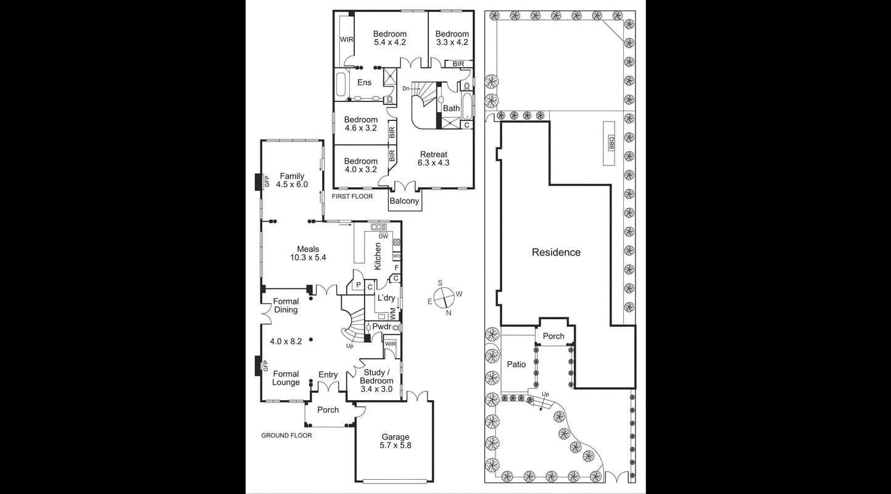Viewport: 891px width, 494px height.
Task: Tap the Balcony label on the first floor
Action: pos(404,201)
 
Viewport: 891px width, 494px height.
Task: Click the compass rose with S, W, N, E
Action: pos(445,298)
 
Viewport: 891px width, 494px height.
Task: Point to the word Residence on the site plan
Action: pos(556,252)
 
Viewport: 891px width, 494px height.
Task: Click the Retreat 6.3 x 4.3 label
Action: pos(433,159)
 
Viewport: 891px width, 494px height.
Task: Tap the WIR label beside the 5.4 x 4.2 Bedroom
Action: pos(347,40)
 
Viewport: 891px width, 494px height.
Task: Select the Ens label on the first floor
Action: pos(364,82)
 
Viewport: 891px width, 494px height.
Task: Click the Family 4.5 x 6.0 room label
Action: pos(292,180)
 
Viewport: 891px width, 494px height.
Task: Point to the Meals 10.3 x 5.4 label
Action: pos(308,253)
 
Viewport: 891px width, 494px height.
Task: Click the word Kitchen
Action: pos(378,256)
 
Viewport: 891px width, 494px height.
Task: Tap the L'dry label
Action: pos(386,298)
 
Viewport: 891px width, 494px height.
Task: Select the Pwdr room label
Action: pos(382,327)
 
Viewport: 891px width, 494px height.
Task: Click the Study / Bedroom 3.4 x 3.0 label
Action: pos(376,377)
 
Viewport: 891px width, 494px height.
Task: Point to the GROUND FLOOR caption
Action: pos(286,435)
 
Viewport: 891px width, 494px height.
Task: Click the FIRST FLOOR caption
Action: pos(353,196)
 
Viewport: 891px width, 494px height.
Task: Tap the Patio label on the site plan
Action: pos(516,364)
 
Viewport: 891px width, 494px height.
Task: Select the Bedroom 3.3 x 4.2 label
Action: pos(452,38)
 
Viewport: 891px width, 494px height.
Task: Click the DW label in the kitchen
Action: pos(383,236)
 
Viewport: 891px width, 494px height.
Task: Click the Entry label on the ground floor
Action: pos(328,375)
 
